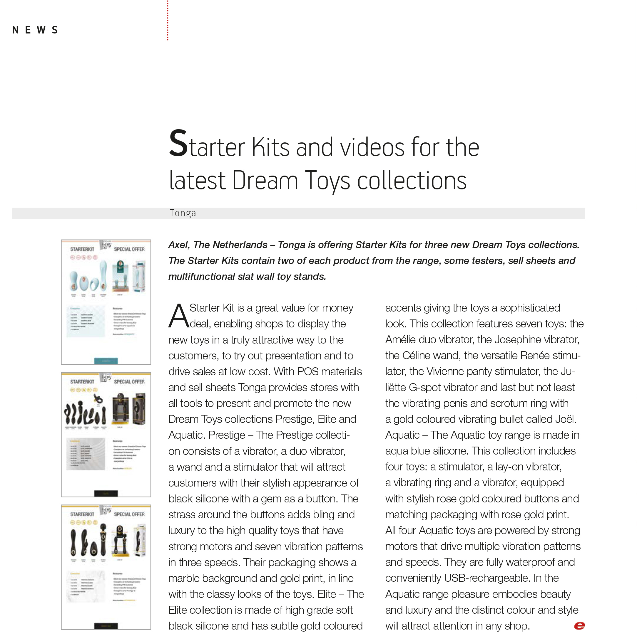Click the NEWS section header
(35, 30)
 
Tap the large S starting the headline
(178, 143)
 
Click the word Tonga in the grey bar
(183, 213)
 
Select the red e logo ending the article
(579, 626)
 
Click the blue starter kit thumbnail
(106, 302)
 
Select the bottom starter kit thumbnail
(106, 567)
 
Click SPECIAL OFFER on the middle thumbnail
(129, 382)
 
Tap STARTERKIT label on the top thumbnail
(82, 249)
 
